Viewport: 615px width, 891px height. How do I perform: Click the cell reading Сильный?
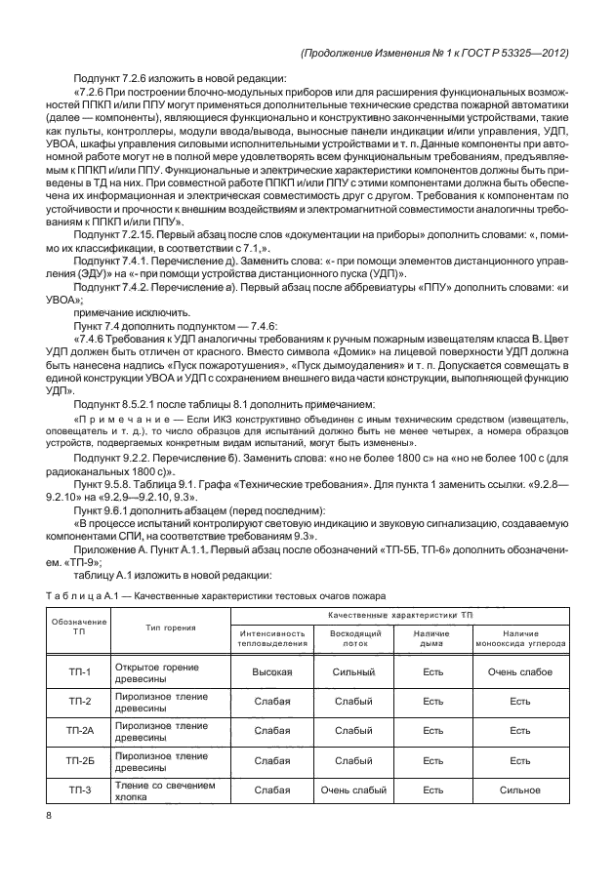pyautogui.click(x=355, y=671)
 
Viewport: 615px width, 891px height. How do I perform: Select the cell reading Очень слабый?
pyautogui.click(x=355, y=790)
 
